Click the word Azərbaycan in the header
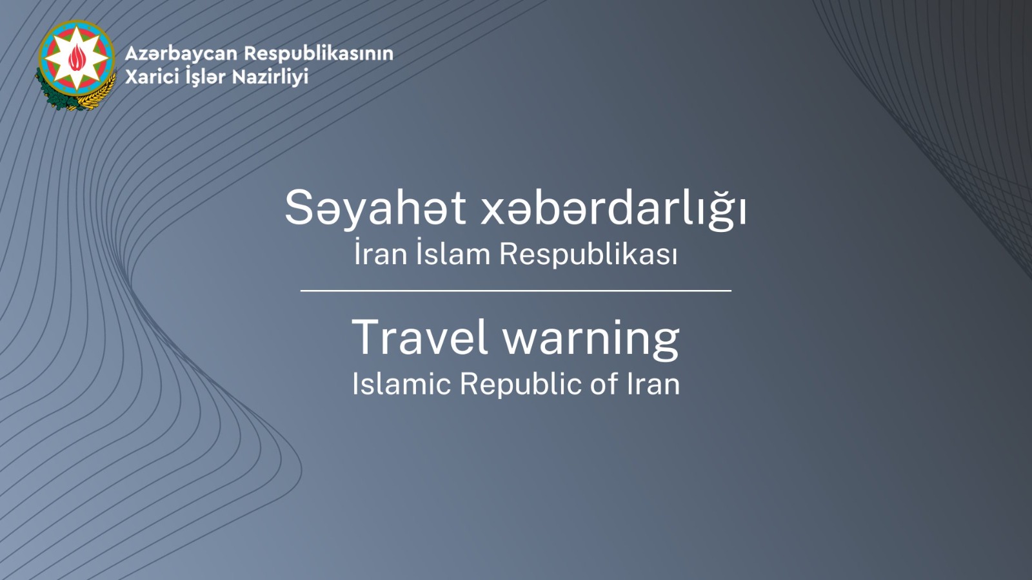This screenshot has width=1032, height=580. [181, 54]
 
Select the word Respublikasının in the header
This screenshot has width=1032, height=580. [319, 54]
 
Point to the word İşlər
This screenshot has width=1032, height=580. [204, 77]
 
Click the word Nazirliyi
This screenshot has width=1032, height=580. [270, 77]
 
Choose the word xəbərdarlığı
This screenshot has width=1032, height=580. [613, 208]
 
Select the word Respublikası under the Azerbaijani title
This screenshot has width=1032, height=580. [588, 255]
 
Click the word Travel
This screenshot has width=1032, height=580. [420, 337]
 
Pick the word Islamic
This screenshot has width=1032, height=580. [401, 383]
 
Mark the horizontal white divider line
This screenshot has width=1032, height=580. [516, 291]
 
